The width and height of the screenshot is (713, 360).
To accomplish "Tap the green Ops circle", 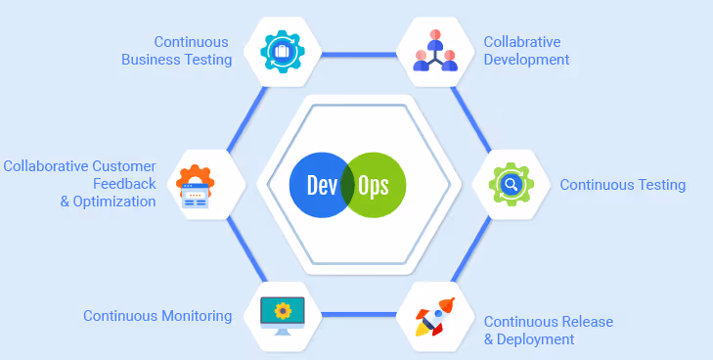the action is (x=379, y=185).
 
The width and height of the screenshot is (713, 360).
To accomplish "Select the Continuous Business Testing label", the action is (x=177, y=51).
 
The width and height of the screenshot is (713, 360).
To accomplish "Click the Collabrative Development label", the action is (x=526, y=51).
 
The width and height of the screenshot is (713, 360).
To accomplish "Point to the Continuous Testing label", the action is (x=622, y=185).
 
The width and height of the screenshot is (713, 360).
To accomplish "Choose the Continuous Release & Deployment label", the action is (x=549, y=331).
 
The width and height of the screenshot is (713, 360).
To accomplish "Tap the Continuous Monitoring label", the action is (x=157, y=315).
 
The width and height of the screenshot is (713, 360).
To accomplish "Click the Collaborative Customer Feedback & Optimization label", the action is (x=79, y=184).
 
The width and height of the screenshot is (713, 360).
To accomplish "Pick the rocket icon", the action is (x=435, y=317).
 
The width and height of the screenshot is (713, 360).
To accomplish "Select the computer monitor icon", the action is (x=283, y=316).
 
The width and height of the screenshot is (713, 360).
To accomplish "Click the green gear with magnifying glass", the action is (x=512, y=185).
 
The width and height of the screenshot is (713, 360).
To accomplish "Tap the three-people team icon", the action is (x=435, y=51).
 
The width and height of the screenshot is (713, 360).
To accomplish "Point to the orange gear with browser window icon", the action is (x=195, y=187).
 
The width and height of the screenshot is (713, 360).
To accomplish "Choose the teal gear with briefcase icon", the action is (x=283, y=52).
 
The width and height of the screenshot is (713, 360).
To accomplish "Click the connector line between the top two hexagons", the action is (x=359, y=55).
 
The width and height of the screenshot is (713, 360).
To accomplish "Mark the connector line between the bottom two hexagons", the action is (x=359, y=315).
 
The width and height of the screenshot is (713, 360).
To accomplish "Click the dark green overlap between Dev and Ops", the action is (x=348, y=185).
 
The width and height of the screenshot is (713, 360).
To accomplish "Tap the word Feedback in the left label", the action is (x=124, y=184).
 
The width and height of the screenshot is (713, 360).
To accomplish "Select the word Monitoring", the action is (x=197, y=315).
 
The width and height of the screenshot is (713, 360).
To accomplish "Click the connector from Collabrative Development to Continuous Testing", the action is (x=471, y=119).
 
